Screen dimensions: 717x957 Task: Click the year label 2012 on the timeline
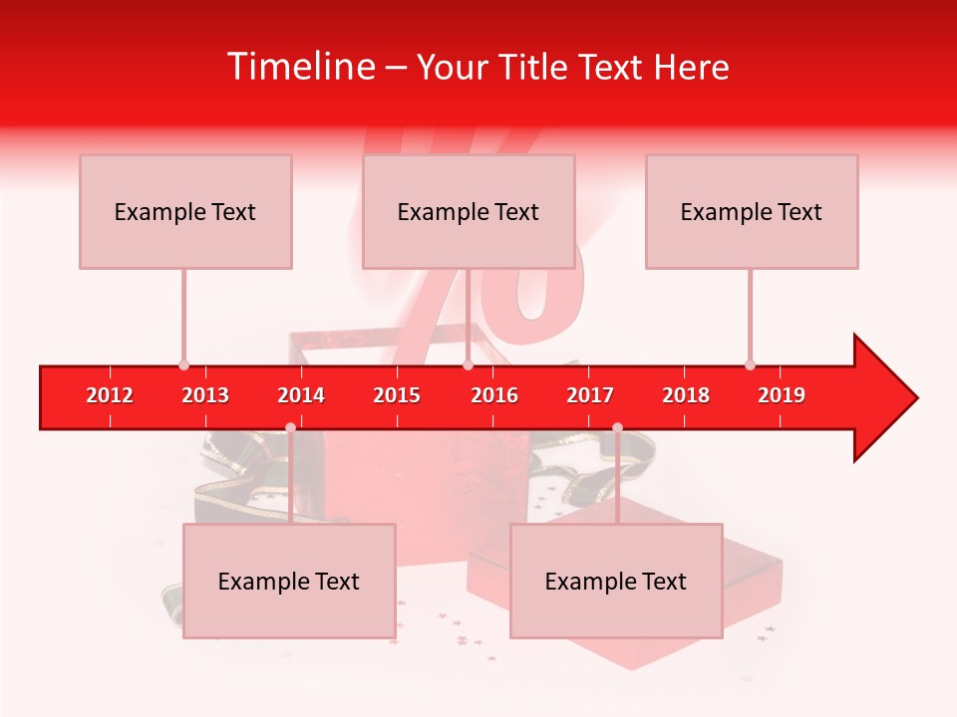tap(110, 395)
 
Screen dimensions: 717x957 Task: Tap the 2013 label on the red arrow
tap(205, 395)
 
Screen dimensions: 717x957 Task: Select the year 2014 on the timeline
tap(301, 395)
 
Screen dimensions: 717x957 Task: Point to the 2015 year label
tap(397, 395)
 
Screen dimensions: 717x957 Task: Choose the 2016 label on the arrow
tap(494, 395)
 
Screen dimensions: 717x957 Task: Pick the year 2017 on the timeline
tap(590, 395)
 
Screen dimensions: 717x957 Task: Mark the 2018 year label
tap(686, 395)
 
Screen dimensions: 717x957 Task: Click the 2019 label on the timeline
tap(782, 395)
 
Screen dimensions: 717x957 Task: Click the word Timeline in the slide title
tap(300, 67)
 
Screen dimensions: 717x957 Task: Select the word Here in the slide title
tap(691, 67)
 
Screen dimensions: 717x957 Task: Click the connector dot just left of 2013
tap(183, 365)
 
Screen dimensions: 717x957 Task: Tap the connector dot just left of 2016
tap(468, 365)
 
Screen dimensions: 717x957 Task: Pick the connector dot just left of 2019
tap(751, 365)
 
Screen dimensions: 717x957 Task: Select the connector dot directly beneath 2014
tap(290, 427)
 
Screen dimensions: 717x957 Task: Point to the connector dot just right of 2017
tap(617, 427)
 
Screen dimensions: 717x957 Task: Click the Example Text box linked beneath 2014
tap(289, 581)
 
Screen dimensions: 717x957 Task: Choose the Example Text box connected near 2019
tap(751, 211)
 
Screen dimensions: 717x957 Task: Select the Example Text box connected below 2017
tap(615, 581)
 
